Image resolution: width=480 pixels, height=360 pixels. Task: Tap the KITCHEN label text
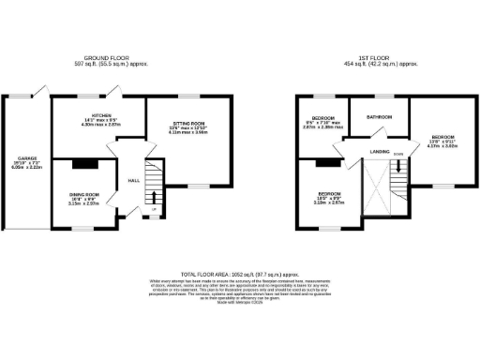pyautogui.click(x=88, y=114)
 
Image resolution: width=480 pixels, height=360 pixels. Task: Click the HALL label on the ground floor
pyautogui.click(x=133, y=179)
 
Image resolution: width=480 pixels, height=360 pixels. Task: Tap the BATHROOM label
pyautogui.click(x=379, y=117)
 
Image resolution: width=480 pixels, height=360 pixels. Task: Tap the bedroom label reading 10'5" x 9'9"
pyautogui.click(x=328, y=198)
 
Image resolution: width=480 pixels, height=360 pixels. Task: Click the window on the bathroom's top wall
pyautogui.click(x=379, y=96)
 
